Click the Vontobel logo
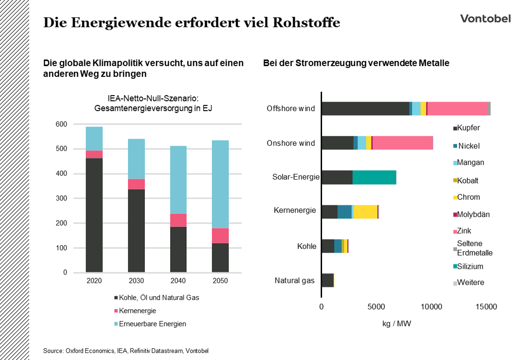point(485,19)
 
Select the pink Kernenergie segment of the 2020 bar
point(94,154)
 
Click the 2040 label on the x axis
point(178,281)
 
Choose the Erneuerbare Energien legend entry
point(152,324)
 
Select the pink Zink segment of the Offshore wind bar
point(458,108)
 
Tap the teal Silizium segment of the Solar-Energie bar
point(374,177)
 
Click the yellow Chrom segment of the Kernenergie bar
point(365,211)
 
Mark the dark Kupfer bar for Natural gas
point(327,280)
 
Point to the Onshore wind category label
point(291,143)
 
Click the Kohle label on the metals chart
point(307,246)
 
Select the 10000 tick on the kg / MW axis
point(431,307)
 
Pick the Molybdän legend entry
point(473,214)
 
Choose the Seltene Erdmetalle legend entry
point(474,248)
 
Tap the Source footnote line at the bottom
point(126,351)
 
